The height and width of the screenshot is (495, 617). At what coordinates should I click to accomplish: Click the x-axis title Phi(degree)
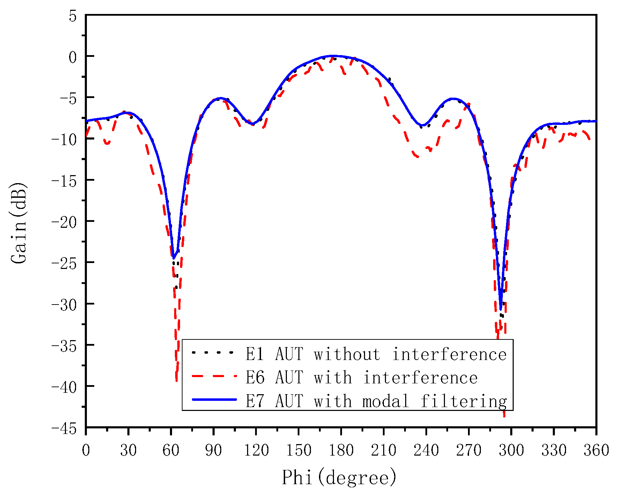(339, 477)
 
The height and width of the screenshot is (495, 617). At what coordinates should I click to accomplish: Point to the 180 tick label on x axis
(341, 450)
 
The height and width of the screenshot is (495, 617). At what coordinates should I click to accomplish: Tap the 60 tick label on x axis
(171, 450)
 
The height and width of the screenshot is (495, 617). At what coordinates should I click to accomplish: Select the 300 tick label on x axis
(511, 450)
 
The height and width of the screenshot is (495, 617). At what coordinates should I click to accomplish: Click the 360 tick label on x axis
(596, 450)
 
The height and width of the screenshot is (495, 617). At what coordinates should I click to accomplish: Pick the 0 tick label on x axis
(86, 450)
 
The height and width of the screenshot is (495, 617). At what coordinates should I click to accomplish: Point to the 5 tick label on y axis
(72, 16)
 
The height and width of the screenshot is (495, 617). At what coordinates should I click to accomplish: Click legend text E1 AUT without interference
(376, 354)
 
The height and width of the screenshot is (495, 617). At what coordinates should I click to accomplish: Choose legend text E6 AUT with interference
(362, 377)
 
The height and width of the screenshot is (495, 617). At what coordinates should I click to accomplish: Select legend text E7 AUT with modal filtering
(376, 401)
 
